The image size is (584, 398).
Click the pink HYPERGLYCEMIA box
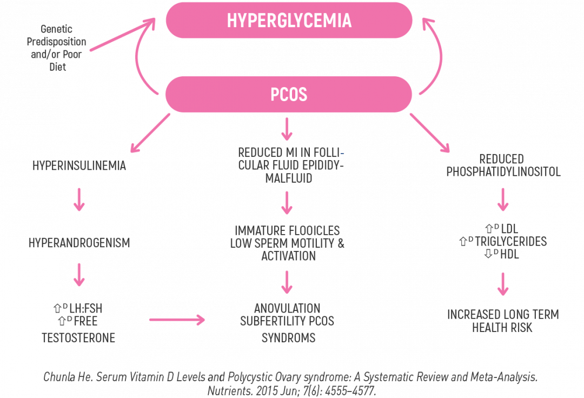pyautogui.click(x=289, y=20)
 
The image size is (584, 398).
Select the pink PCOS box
pyautogui.click(x=289, y=94)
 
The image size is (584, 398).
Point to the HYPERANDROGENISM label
pyautogui.click(x=79, y=243)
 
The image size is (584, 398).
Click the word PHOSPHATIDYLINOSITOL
pyautogui.click(x=503, y=172)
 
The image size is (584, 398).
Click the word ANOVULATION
pyautogui.click(x=287, y=308)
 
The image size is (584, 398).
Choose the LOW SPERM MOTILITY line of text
pyautogui.click(x=287, y=243)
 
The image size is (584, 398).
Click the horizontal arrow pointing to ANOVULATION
pyautogui.click(x=177, y=321)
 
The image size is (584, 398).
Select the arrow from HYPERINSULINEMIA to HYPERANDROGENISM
pyautogui.click(x=79, y=199)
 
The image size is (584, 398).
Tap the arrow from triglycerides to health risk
pyautogui.click(x=503, y=284)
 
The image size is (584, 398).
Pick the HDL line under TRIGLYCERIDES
pyautogui.click(x=503, y=253)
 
